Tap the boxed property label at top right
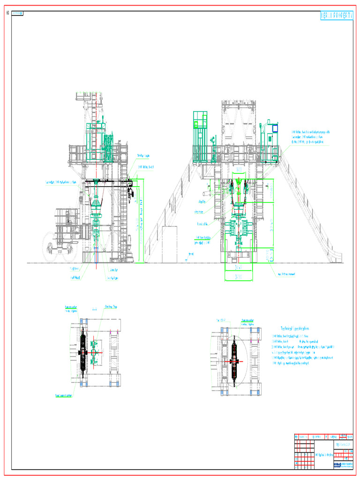[336, 16]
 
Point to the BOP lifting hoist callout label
[145, 167]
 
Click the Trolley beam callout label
[143, 156]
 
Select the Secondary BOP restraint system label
[61, 182]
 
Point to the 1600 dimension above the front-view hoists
[239, 169]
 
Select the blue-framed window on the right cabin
[275, 127]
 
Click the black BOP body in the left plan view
[83, 352]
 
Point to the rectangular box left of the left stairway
[169, 244]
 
